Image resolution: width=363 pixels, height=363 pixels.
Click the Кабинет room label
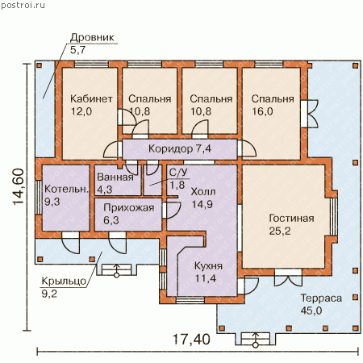[91, 98]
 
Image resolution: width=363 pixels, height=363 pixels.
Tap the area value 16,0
[262, 111]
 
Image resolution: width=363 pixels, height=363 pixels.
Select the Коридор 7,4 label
[180, 148]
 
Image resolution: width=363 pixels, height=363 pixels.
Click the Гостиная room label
[291, 218]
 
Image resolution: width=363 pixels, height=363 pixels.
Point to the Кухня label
[208, 266]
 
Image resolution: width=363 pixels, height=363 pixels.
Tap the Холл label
[203, 192]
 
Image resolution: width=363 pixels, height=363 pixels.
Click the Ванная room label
[115, 177]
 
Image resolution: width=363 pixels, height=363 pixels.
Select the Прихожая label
[129, 207]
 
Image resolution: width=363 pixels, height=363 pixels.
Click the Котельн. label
[66, 189]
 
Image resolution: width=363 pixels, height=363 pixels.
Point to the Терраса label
[321, 298]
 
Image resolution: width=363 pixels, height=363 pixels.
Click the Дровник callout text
[92, 37]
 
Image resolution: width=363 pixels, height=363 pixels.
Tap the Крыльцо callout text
[64, 282]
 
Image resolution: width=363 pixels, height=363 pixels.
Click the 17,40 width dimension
[191, 340]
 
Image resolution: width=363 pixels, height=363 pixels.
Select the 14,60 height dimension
[19, 187]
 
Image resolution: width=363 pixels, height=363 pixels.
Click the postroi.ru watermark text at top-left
[23, 6]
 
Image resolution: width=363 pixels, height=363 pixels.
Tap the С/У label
[178, 173]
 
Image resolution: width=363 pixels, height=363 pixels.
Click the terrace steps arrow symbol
[256, 340]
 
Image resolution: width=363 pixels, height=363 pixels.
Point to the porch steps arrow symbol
[116, 270]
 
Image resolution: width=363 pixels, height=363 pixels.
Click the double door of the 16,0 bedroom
[310, 114]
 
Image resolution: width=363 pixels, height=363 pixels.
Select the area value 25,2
[280, 231]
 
